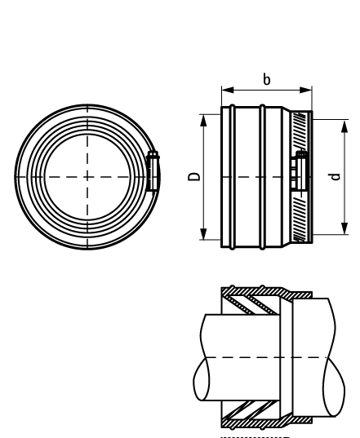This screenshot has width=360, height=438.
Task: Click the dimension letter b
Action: (266, 80)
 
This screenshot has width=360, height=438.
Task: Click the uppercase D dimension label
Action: (193, 176)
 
